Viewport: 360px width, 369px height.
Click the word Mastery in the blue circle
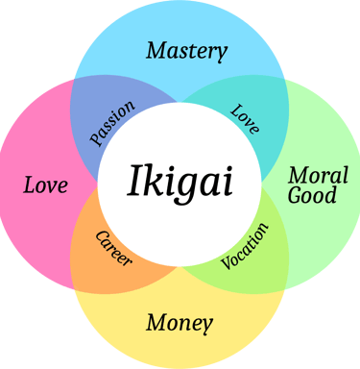point(186,50)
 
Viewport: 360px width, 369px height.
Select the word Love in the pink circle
point(46,183)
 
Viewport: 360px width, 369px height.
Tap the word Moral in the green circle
point(312,176)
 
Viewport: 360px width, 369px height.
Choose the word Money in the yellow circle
point(180,321)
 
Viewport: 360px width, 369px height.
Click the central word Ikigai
point(180,181)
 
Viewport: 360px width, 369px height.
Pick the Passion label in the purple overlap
point(112,122)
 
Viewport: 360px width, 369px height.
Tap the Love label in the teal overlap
point(245,117)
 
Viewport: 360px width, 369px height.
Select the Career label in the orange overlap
point(114,248)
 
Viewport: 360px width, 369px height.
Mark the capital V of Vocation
point(227,263)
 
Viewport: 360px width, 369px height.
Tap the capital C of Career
point(101,234)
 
